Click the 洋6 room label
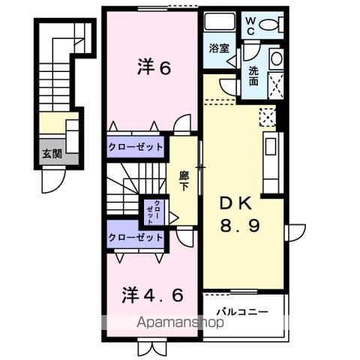[154, 68]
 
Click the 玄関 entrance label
[52, 156]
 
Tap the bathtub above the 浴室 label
[220, 22]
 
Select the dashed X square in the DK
[267, 117]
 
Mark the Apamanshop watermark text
[181, 324]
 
